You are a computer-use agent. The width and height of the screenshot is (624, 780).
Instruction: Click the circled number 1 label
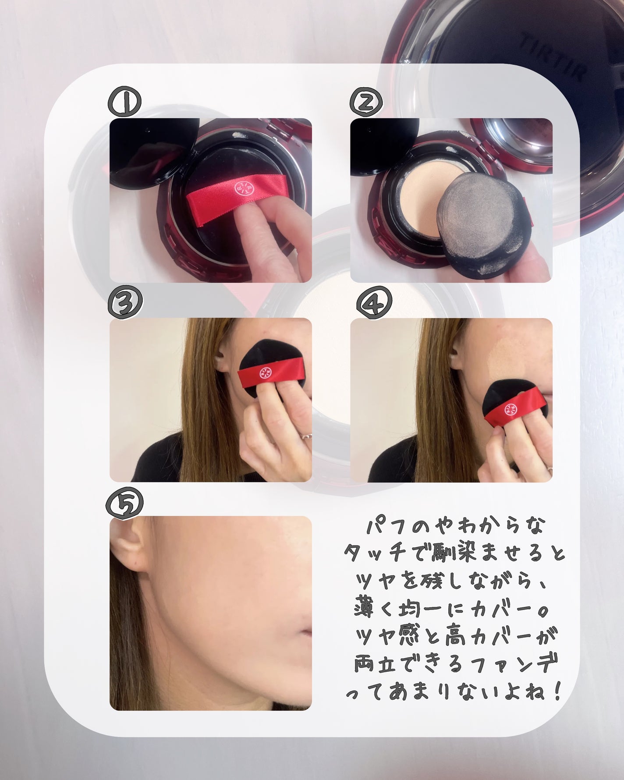[125, 101]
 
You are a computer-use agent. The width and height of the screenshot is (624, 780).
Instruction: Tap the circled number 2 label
[366, 101]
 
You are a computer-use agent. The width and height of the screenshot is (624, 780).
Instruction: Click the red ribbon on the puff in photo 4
[515, 408]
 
